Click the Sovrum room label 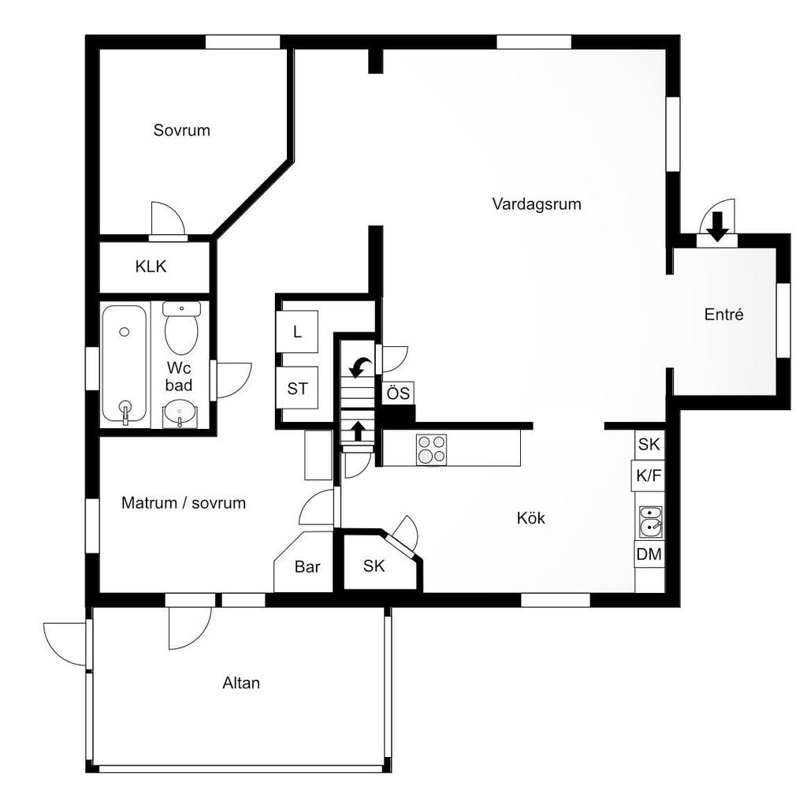point(182,130)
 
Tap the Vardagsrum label point(537,204)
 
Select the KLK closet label point(151,267)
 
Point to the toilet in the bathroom point(181,328)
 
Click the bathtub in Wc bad point(124,364)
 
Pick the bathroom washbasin point(179,415)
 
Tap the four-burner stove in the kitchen point(431,449)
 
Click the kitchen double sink point(650,522)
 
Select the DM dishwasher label point(649,554)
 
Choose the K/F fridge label point(649,475)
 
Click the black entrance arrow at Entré point(717,227)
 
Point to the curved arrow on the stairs point(360,367)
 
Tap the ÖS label point(398,393)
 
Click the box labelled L point(297,332)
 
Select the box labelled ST point(297,388)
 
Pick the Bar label point(307,567)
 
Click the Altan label point(241,683)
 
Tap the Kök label point(530,518)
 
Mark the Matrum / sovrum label point(184,503)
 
